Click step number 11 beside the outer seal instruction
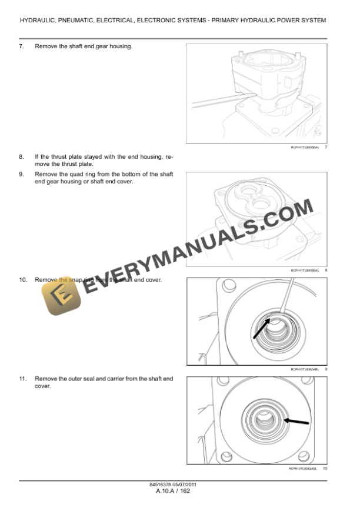(22, 379)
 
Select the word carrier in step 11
(109, 379)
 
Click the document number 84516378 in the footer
(164, 485)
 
